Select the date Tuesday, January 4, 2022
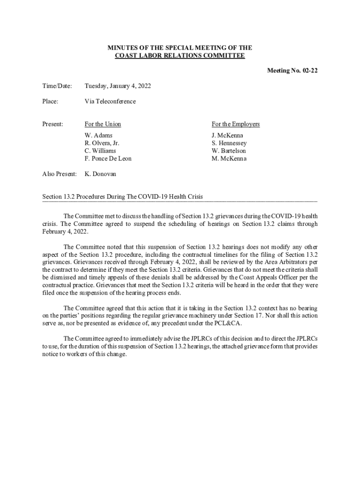(x=117, y=86)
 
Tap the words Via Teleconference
(x=110, y=101)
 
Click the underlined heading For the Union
(x=102, y=124)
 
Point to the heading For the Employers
(x=236, y=124)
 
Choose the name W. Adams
(x=98, y=136)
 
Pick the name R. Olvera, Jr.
(x=102, y=143)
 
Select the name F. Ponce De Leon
(x=108, y=159)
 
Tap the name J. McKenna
(x=227, y=136)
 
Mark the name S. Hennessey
(x=229, y=143)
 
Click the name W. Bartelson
(x=229, y=151)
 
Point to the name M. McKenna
(x=229, y=159)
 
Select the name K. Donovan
(x=101, y=174)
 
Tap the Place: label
(x=50, y=101)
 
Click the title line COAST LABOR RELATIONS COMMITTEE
(x=180, y=56)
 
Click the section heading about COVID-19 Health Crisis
(x=122, y=196)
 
